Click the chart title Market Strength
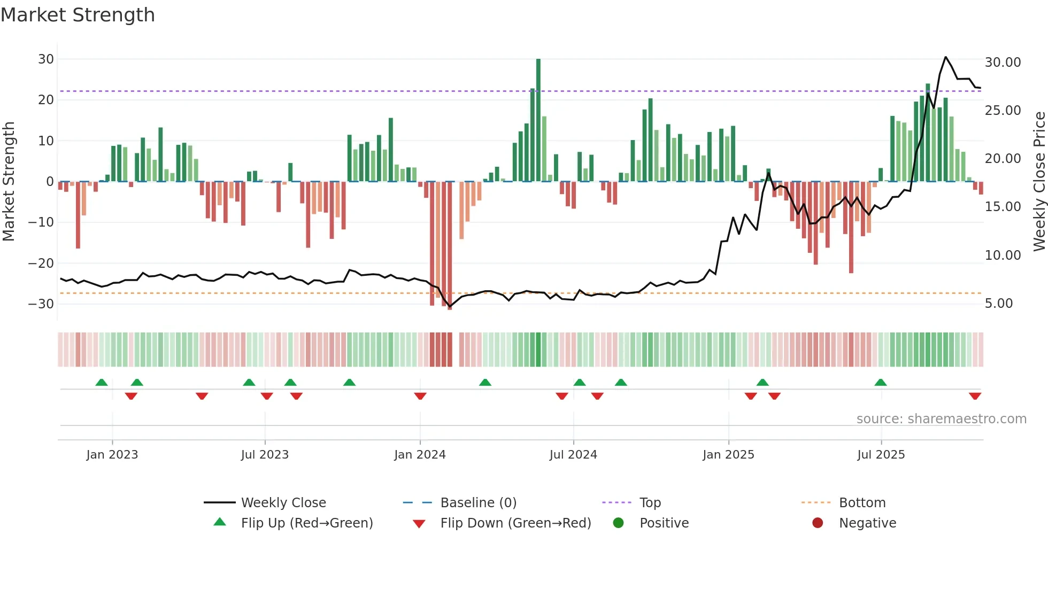78,15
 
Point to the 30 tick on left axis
46,59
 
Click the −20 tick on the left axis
41,263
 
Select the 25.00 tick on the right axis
1003,111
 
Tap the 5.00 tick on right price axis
999,304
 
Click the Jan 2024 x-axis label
420,455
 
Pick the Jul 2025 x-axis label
881,455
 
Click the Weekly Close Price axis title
1039,181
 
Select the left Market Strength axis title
9,181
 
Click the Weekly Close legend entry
283,503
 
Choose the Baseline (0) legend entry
478,503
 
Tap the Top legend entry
650,503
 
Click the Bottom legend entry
862,503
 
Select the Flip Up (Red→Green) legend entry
306,523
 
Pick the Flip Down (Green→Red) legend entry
515,523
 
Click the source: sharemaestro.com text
941,419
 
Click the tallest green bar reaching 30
538,120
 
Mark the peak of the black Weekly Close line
945,57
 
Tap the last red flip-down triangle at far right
975,396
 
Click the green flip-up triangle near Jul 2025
880,382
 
